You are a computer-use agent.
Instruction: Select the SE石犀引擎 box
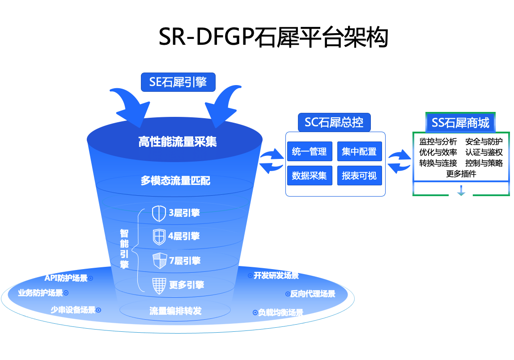(178, 82)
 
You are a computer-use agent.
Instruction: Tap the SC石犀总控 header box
(334, 122)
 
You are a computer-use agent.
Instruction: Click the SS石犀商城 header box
(460, 122)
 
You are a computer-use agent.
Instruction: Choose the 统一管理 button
(309, 152)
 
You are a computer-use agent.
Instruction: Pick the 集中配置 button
(359, 152)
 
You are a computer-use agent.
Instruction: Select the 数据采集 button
(309, 176)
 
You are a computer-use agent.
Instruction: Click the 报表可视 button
(359, 176)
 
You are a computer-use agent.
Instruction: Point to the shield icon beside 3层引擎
(159, 214)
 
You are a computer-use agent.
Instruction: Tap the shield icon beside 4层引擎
(159, 237)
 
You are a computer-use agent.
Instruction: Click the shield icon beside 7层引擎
(159, 261)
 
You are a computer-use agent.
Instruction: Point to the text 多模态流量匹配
(175, 181)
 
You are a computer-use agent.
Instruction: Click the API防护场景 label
(66, 278)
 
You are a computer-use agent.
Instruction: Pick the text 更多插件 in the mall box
(461, 174)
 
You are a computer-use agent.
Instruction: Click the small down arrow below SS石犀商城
(461, 191)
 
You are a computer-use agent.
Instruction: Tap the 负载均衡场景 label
(280, 313)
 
